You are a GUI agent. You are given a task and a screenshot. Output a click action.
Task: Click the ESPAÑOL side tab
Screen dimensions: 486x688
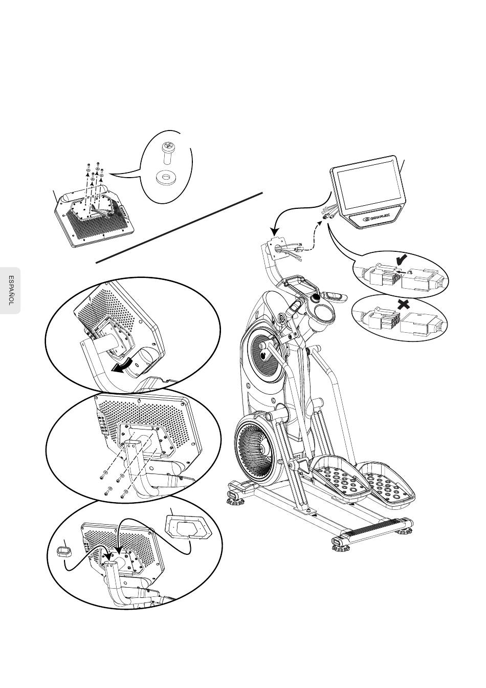click(x=10, y=290)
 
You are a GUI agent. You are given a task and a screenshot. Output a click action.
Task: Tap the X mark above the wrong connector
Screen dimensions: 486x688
click(x=404, y=305)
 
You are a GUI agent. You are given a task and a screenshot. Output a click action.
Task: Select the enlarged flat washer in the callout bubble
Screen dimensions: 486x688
click(x=166, y=177)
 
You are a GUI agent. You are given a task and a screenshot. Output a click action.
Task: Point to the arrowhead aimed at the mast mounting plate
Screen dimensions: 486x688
click(x=275, y=231)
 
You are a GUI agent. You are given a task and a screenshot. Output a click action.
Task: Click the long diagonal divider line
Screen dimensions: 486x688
click(x=179, y=228)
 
